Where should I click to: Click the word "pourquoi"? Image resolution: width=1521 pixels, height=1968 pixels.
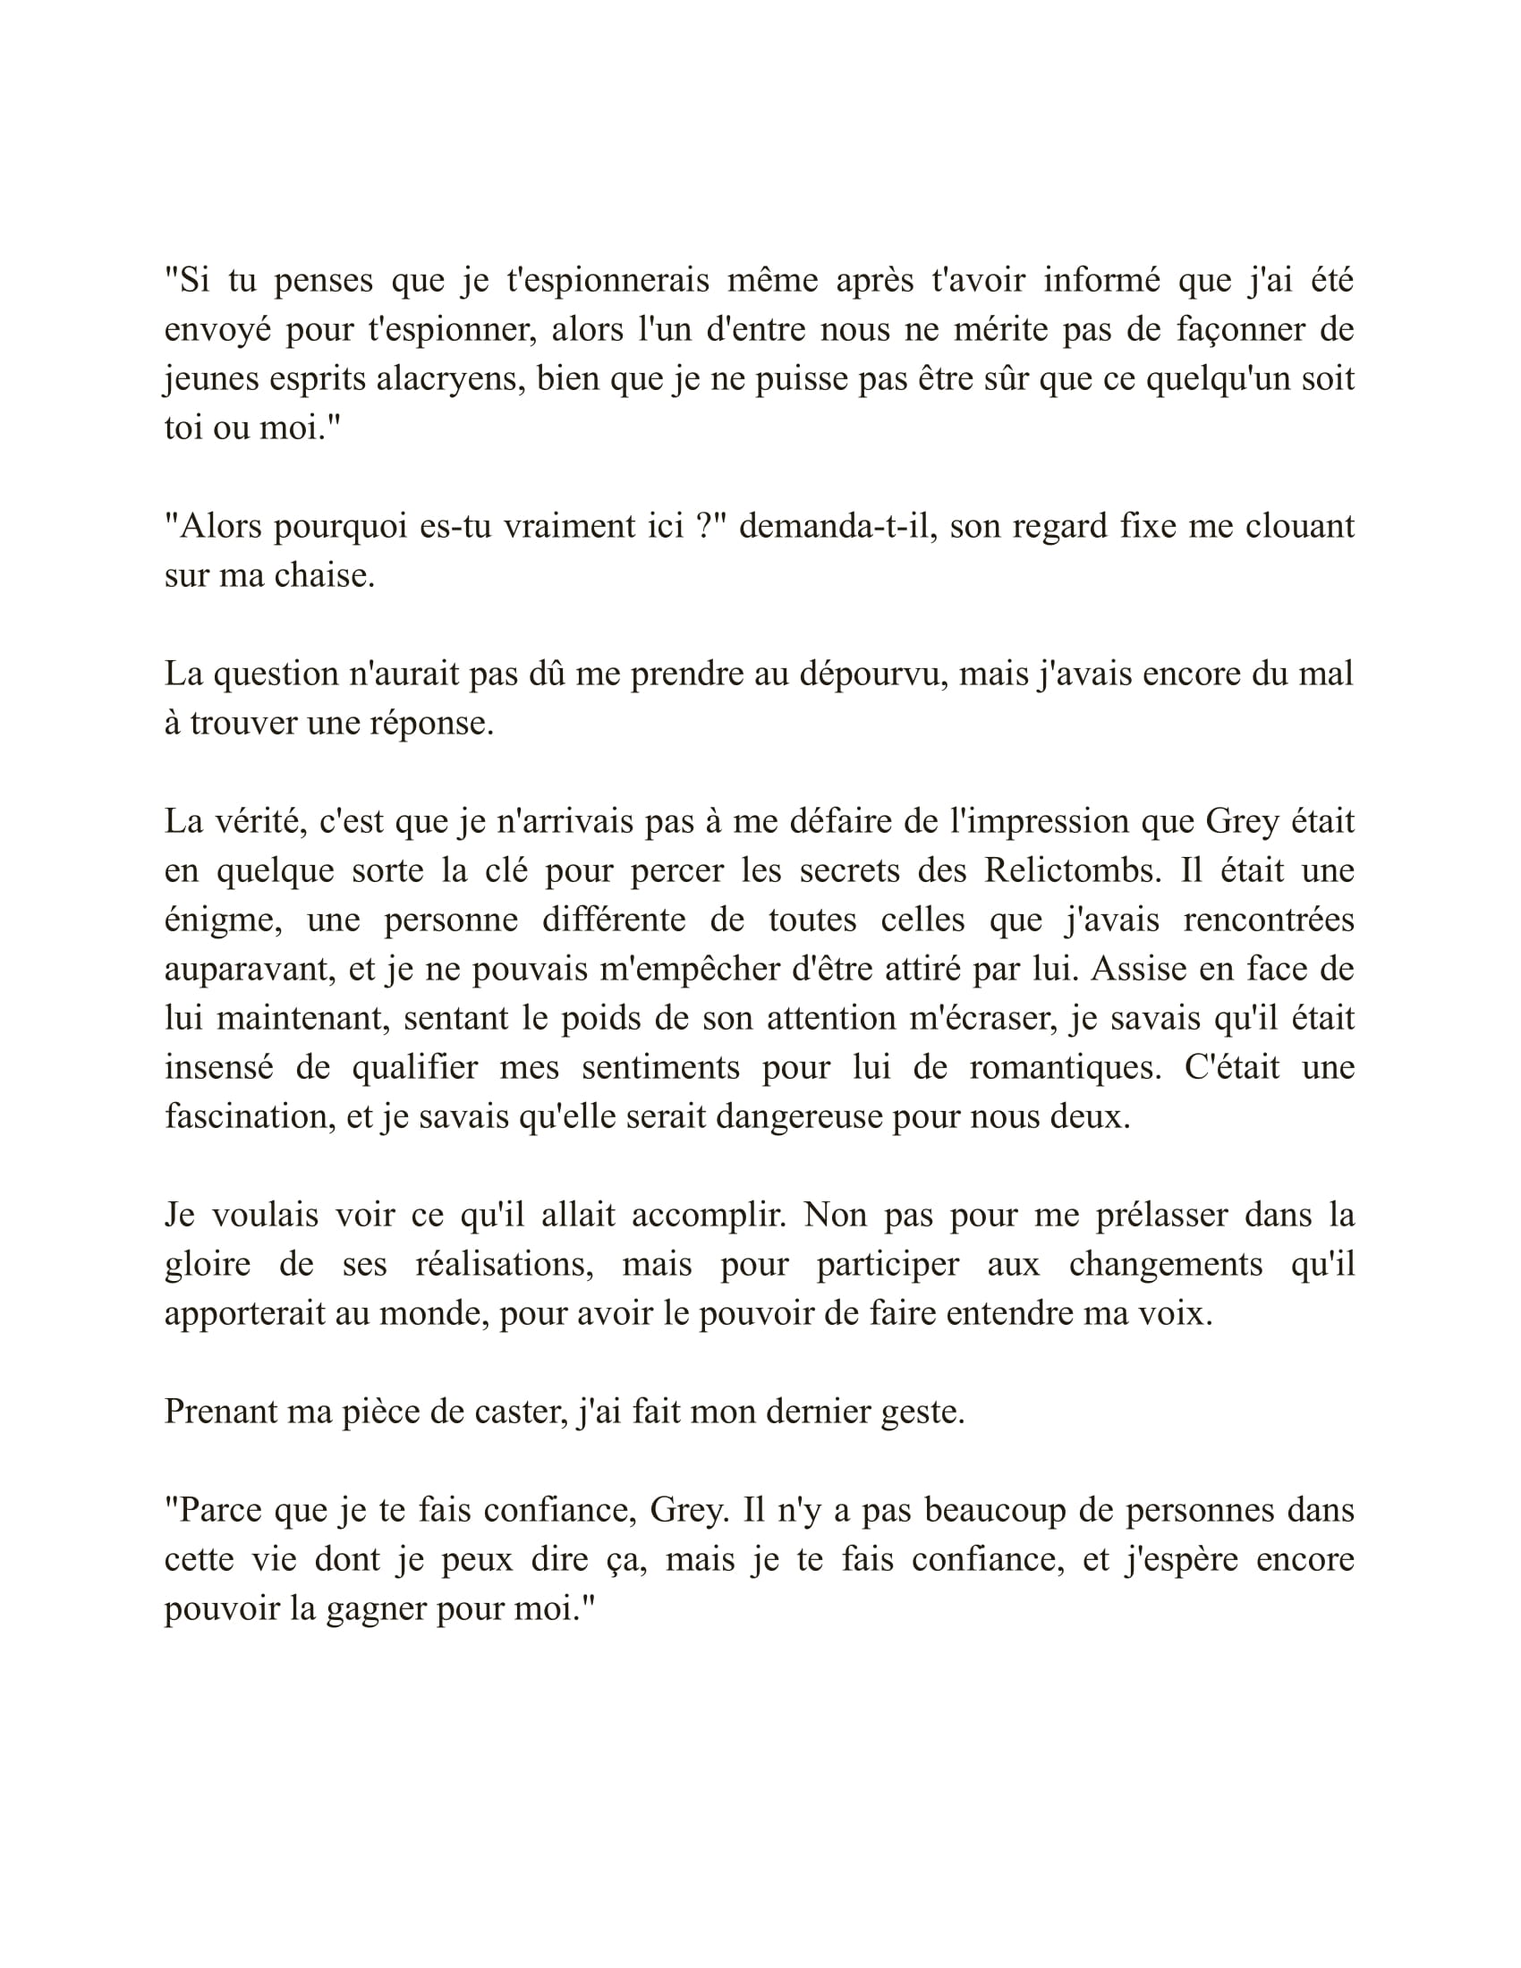click(337, 526)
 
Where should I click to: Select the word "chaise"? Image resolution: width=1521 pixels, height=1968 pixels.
click(323, 576)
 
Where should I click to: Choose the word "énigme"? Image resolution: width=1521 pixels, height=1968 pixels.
click(220, 920)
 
